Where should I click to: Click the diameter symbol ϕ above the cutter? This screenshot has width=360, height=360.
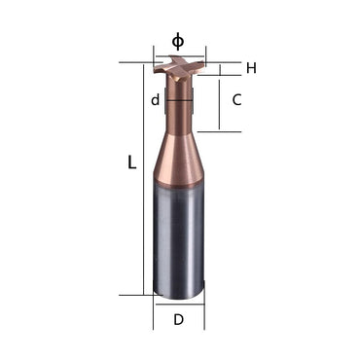click(x=177, y=41)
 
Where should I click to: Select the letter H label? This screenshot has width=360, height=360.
click(x=250, y=68)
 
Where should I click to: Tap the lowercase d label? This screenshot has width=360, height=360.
click(x=155, y=99)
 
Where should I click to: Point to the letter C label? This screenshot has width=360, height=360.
click(x=236, y=100)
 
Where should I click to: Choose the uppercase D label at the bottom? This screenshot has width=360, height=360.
click(x=178, y=319)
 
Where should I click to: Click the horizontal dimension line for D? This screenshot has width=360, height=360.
click(x=178, y=304)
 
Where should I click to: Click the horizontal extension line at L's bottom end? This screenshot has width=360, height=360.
click(x=136, y=294)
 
